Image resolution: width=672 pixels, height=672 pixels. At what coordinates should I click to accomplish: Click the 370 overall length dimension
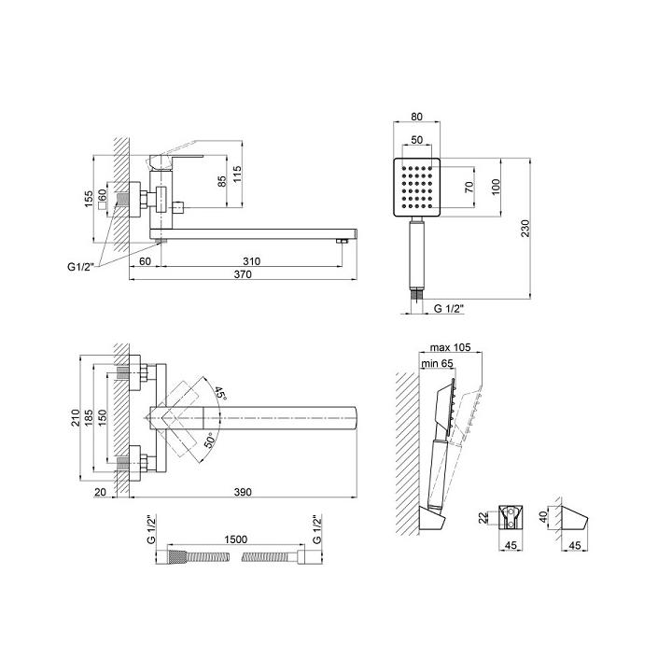[x=243, y=274]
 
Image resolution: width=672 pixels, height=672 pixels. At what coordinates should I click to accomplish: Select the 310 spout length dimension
[x=252, y=261]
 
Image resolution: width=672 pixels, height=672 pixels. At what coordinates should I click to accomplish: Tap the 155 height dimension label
[x=89, y=200]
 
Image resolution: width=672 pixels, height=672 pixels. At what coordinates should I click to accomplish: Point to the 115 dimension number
[x=237, y=174]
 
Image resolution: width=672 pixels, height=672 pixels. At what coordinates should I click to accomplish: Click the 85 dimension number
[x=221, y=181]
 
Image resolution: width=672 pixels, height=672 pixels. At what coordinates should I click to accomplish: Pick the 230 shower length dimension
[x=525, y=229]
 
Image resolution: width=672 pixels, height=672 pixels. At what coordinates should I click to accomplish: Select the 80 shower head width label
[x=416, y=116]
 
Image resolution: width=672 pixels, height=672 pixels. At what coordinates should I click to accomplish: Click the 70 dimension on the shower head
[x=469, y=187]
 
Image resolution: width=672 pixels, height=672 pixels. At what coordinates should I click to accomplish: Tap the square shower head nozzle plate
[x=416, y=187]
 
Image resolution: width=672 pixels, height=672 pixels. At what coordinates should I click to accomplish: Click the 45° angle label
[x=220, y=393]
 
